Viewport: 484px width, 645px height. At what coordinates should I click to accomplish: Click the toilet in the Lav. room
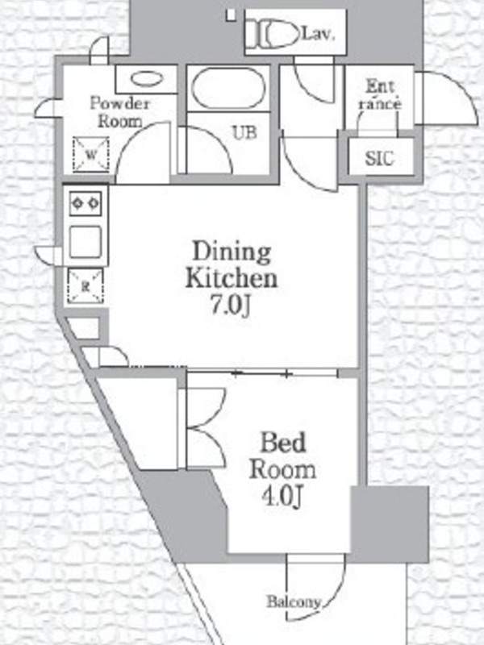[272, 34]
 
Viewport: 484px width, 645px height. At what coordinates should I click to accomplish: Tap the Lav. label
[318, 34]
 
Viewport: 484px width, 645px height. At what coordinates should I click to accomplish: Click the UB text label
[244, 132]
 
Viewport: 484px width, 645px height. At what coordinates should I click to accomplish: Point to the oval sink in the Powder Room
[147, 78]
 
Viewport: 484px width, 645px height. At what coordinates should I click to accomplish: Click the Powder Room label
[119, 112]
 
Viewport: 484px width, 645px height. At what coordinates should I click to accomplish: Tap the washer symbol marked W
[91, 155]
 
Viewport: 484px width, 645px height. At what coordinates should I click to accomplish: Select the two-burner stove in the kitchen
[86, 203]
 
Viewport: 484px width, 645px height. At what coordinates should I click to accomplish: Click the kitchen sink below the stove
[86, 243]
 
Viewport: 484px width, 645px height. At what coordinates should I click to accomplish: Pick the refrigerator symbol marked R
[86, 286]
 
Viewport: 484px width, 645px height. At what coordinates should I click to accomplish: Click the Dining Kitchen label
[232, 265]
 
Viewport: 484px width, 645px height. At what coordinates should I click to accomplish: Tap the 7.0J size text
[231, 306]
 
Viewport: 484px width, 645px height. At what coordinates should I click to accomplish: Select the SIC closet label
[379, 158]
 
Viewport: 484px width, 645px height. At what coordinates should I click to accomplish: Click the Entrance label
[380, 95]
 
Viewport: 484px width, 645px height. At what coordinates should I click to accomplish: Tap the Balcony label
[294, 601]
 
